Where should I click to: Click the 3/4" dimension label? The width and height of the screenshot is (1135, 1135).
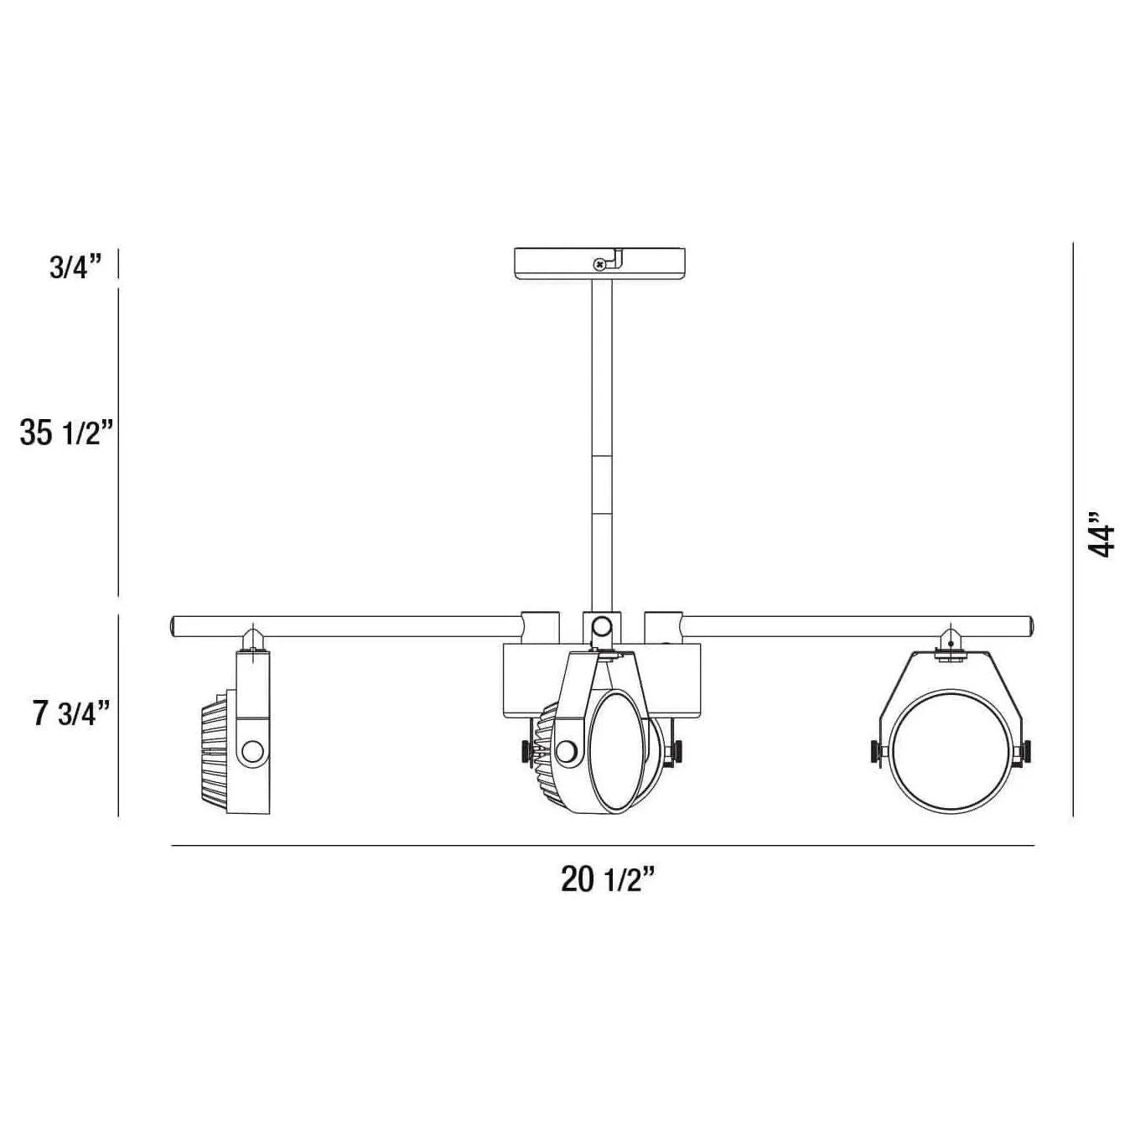tap(75, 268)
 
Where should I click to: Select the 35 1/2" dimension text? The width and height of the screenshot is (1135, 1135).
tap(66, 433)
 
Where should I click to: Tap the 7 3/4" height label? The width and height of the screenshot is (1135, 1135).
tap(71, 713)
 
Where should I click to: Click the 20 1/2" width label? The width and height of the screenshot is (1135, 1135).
tap(607, 879)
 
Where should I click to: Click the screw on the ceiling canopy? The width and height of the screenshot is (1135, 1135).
tap(599, 265)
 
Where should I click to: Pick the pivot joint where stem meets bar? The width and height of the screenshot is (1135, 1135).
tap(600, 626)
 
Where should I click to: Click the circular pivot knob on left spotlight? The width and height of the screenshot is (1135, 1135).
tap(251, 751)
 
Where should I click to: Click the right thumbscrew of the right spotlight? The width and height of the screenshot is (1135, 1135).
tap(1024, 752)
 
